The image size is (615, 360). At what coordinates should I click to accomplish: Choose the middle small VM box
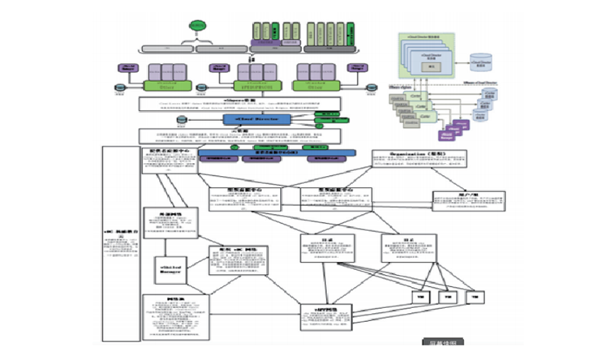pyautogui.click(x=445, y=297)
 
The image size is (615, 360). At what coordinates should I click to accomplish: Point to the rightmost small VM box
pyautogui.click(x=474, y=297)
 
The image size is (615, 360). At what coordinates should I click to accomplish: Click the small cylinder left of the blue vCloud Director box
pyautogui.click(x=181, y=120)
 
